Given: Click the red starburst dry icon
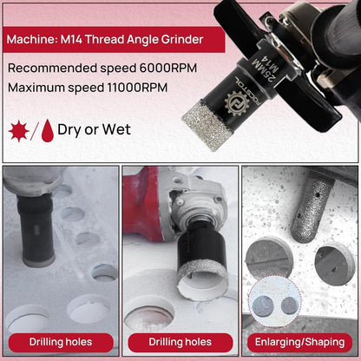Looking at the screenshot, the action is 19,131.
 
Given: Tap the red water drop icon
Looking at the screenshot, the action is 48,131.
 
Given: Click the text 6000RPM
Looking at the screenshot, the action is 168,69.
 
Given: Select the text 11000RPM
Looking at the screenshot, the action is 137,88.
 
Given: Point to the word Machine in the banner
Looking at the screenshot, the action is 32,39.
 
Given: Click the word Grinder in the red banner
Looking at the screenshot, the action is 182,39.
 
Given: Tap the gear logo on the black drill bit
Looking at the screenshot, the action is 237,103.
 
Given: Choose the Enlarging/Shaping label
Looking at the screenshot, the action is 299,342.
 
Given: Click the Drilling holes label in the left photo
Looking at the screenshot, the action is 61,342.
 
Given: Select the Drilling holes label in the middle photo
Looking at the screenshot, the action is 180,342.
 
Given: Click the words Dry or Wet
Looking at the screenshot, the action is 94,129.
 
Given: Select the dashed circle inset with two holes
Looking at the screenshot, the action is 275,302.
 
